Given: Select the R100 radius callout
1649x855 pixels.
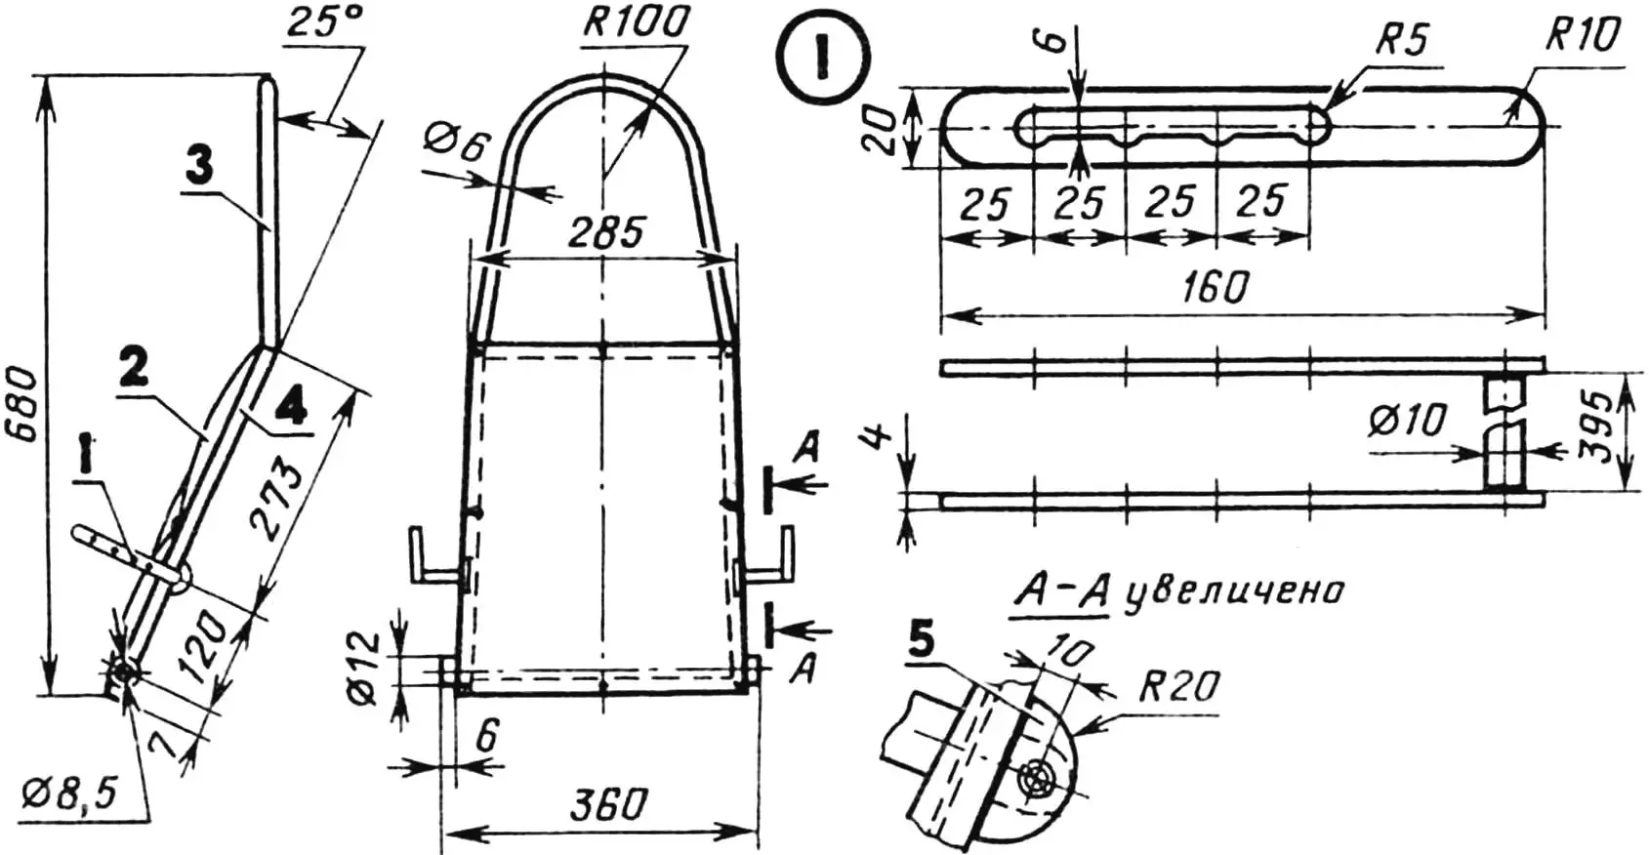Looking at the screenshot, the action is (x=636, y=23).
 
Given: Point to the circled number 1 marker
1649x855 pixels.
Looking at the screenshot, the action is (x=822, y=59).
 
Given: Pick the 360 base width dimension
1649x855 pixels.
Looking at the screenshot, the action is (x=609, y=805).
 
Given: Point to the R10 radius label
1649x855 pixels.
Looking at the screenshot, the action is (x=1582, y=37).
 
